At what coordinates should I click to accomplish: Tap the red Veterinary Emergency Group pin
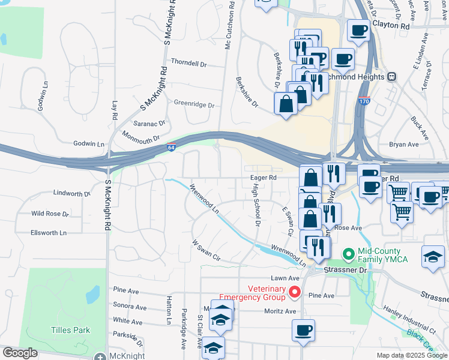[x=295, y=292]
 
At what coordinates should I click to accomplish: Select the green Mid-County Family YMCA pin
[x=348, y=254]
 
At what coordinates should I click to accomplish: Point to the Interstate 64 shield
[x=172, y=148]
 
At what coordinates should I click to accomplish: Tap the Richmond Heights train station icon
[x=392, y=77]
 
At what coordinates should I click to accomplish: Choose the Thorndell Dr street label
[x=188, y=62]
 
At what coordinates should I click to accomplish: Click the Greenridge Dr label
[x=194, y=104]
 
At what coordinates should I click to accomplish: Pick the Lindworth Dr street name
[x=71, y=193]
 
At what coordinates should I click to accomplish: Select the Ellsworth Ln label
[x=49, y=232]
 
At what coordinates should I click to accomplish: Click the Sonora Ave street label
[x=130, y=307]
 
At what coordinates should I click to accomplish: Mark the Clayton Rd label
[x=391, y=26]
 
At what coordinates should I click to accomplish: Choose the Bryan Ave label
[x=403, y=145]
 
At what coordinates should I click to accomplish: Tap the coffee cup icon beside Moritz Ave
[x=303, y=330]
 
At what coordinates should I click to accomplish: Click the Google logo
[x=20, y=353]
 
